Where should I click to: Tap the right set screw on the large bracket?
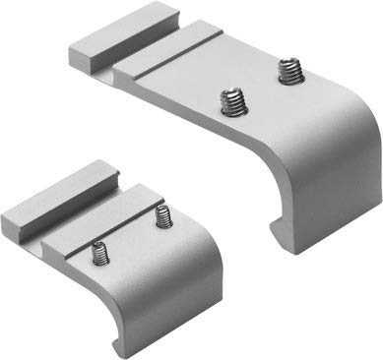pos(288,72)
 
